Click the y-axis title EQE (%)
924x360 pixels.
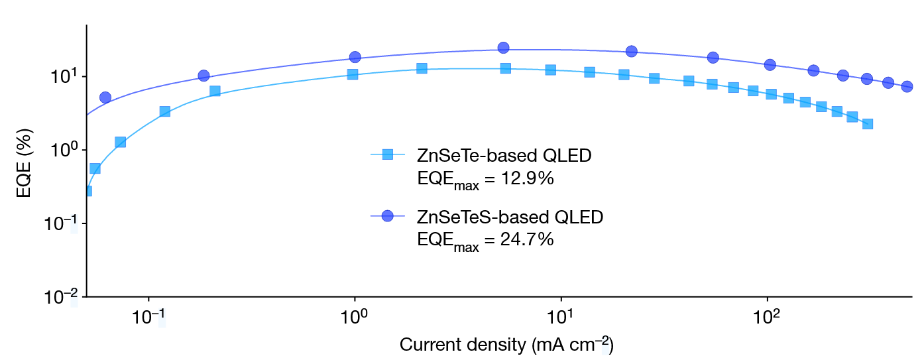pyautogui.click(x=26, y=161)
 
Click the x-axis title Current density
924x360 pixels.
pyautogui.click(x=506, y=345)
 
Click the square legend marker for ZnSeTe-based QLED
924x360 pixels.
pyautogui.click(x=388, y=155)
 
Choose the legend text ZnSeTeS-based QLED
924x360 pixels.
pyautogui.click(x=510, y=217)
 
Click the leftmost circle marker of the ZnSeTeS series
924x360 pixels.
pyautogui.click(x=105, y=97)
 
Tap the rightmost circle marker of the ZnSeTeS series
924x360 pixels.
pyautogui.click(x=907, y=87)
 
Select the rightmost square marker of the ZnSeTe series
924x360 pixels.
pyautogui.click(x=868, y=124)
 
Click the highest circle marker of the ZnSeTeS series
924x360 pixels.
pyautogui.click(x=503, y=48)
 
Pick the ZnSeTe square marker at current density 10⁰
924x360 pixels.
pyautogui.click(x=353, y=74)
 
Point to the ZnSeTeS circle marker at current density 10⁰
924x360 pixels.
pyautogui.click(x=355, y=57)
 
